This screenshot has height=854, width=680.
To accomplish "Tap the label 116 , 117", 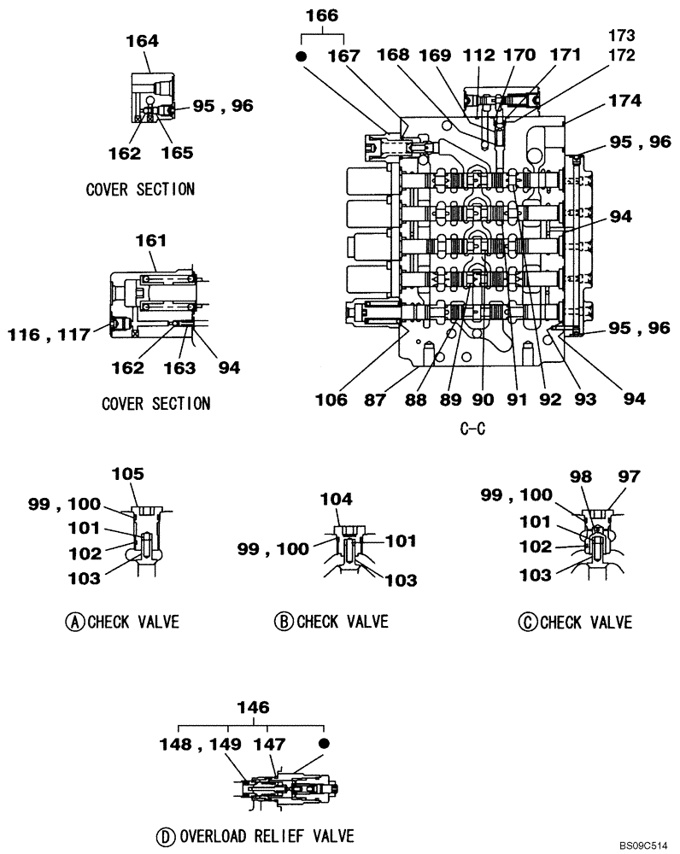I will (50, 336).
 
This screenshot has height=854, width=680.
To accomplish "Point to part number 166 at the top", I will (321, 15).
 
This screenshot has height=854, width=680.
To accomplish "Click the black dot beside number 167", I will (301, 56).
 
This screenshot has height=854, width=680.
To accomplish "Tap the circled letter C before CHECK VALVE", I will (526, 622).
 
